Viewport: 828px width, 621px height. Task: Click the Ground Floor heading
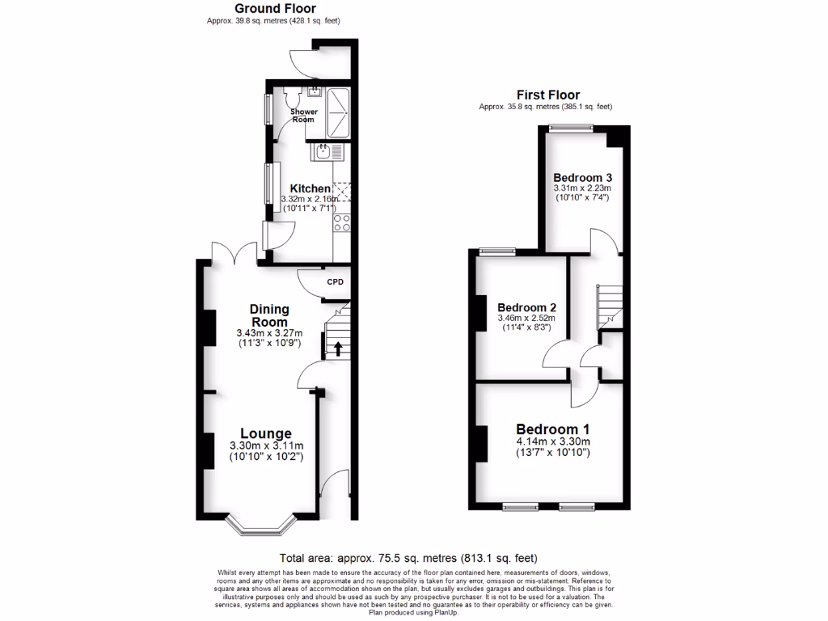click(x=275, y=9)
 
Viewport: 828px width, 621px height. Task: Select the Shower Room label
click(x=304, y=116)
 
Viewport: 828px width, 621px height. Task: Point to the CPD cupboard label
click(x=335, y=282)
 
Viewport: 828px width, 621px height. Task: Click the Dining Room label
click(x=269, y=315)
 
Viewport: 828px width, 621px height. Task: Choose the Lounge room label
click(x=266, y=433)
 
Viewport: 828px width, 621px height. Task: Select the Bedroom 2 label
click(x=527, y=308)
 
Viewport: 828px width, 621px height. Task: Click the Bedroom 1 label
click(x=553, y=429)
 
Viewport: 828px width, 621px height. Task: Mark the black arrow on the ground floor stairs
click(x=336, y=349)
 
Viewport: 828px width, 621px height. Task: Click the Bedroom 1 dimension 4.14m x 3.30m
click(x=553, y=441)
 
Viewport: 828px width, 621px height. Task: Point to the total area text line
click(x=408, y=558)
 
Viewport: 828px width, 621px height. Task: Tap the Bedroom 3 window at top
click(x=571, y=127)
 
